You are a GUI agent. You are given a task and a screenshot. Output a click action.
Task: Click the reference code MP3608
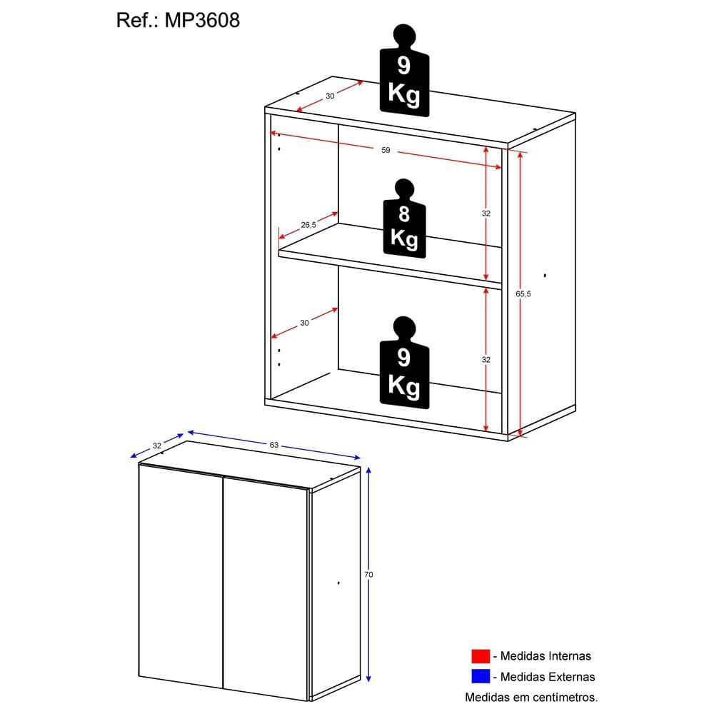click(202, 21)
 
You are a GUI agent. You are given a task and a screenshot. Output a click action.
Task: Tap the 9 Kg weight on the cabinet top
click(404, 70)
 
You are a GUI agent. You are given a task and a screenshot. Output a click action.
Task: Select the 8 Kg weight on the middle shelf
click(404, 218)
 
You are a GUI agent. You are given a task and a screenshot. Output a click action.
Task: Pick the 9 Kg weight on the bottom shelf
click(404, 363)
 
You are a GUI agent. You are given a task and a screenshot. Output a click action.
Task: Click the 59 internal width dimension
click(386, 150)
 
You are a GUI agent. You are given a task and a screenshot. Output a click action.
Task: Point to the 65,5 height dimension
click(523, 293)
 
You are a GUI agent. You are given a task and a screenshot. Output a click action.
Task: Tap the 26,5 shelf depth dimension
click(308, 225)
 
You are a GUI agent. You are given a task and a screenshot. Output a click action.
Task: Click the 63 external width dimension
click(273, 445)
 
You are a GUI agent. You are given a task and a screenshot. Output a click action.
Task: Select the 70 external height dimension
click(368, 575)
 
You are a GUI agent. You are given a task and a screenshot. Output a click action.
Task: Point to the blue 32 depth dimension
click(157, 446)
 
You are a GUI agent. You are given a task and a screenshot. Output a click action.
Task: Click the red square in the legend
click(481, 656)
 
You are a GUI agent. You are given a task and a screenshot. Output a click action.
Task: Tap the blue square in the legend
click(481, 676)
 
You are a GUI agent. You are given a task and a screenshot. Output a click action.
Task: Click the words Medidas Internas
click(545, 656)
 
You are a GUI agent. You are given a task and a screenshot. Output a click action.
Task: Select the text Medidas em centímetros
click(531, 697)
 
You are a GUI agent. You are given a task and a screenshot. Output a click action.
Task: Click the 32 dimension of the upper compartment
click(486, 213)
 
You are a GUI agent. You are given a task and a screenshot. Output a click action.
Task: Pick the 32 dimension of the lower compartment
click(486, 360)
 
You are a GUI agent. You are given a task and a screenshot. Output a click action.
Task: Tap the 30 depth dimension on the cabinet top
click(330, 96)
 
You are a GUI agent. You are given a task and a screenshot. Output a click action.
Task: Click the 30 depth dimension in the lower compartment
click(304, 323)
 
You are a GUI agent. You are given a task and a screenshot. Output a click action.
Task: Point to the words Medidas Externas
click(548, 677)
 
